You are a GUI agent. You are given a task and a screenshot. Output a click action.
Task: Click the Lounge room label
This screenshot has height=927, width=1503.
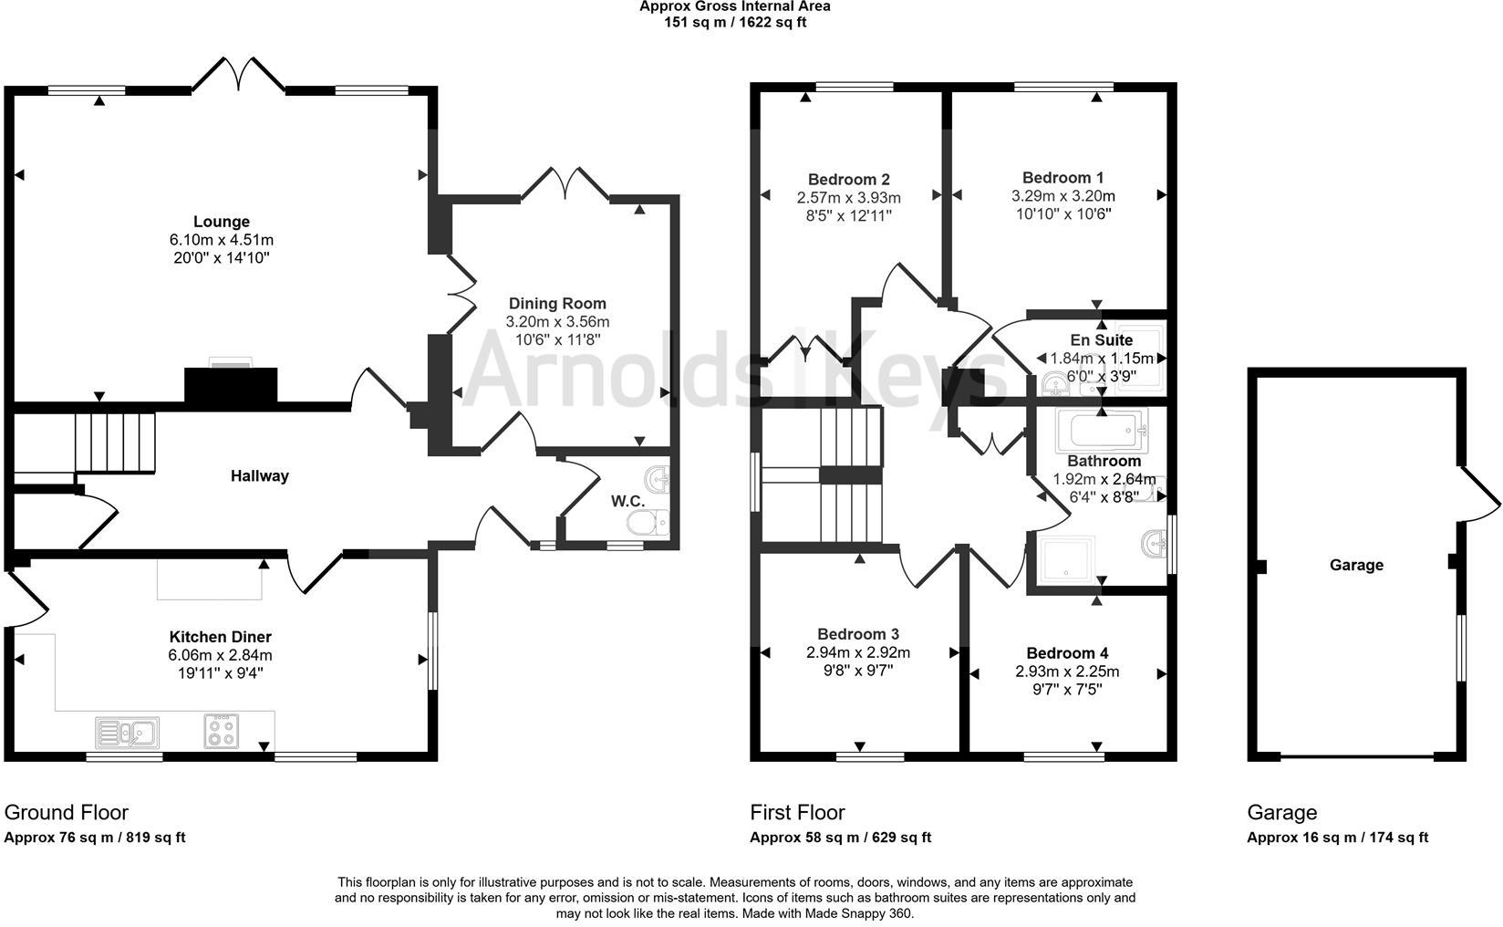coord(221,222)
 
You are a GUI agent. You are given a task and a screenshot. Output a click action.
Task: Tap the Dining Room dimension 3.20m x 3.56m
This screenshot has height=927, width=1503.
coord(557,322)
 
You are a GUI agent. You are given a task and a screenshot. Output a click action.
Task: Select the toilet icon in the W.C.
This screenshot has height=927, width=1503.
coord(650,522)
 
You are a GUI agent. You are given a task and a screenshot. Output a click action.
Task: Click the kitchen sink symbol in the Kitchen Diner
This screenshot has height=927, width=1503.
coord(128,732)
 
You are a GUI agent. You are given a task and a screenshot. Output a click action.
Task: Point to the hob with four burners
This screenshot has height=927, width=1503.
coord(222,730)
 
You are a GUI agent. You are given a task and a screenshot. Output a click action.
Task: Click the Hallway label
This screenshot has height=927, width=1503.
coord(259,475)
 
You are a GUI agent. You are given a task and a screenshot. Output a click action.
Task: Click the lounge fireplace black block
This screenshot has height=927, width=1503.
coord(231,385)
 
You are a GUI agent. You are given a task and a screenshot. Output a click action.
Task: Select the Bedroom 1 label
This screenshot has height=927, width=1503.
coord(1062,178)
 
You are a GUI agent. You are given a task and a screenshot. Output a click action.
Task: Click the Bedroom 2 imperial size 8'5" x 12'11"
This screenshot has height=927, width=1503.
coord(848,216)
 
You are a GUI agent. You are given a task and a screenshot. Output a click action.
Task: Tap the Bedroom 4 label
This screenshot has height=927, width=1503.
coord(1067,653)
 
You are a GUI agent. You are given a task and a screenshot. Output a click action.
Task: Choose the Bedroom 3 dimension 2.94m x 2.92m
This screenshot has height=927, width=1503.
coord(857,652)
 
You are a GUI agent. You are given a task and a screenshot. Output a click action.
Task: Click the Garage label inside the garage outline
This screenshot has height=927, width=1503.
coord(1355,565)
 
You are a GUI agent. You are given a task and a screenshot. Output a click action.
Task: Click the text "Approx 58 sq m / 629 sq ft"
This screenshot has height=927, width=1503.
coord(840,838)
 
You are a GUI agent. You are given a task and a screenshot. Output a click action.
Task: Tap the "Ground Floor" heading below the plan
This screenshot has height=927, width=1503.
coord(67,812)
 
